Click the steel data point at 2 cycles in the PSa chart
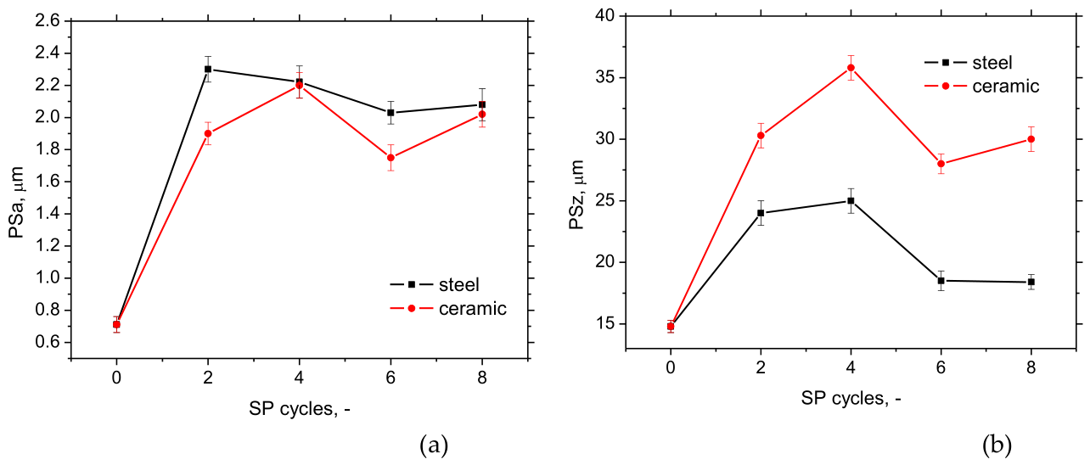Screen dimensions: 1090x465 click(208, 69)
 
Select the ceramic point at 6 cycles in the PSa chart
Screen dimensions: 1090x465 click(390, 158)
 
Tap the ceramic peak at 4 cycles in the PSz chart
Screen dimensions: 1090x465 click(851, 68)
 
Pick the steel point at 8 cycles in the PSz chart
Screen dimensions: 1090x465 click(1031, 282)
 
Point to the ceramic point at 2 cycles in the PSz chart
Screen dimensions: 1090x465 click(761, 135)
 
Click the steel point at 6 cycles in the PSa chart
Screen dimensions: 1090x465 click(390, 112)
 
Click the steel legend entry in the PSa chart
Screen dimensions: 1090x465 click(435, 284)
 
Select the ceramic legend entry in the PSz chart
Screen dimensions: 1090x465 click(981, 86)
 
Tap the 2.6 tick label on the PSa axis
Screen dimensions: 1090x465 click(48, 20)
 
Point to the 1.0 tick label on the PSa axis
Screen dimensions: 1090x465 click(48, 277)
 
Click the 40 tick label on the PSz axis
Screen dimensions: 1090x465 click(604, 16)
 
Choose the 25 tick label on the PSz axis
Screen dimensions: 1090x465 click(604, 200)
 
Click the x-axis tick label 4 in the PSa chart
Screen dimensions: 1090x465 click(300, 378)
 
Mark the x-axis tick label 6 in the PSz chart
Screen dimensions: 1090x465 click(941, 367)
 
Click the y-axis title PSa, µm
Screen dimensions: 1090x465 click(16, 202)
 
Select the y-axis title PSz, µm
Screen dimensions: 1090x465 click(577, 195)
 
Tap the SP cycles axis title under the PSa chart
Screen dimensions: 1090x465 click(300, 409)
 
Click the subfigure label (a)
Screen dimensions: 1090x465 click(434, 445)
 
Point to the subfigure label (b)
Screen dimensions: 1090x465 click(997, 445)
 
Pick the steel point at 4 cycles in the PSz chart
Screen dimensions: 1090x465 click(851, 200)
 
